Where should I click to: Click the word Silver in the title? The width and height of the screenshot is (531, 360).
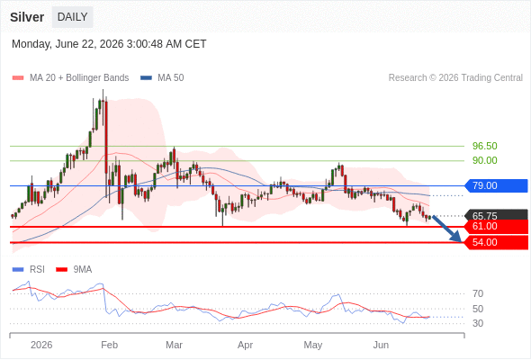(27, 17)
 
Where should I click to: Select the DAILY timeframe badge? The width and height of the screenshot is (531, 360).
(73, 17)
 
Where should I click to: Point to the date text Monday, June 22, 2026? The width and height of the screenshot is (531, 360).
(67, 44)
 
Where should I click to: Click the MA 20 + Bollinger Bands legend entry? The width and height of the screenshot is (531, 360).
(70, 78)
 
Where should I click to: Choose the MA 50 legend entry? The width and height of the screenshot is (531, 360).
(162, 78)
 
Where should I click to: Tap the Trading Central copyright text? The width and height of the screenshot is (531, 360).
(455, 78)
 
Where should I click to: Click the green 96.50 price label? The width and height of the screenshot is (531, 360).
(485, 146)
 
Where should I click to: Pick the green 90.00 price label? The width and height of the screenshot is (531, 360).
(485, 160)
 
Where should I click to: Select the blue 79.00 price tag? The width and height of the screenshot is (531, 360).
(496, 185)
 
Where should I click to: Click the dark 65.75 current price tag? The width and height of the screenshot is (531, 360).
(496, 215)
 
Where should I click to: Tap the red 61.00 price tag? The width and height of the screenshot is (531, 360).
(496, 226)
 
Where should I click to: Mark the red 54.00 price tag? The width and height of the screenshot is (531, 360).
(496, 242)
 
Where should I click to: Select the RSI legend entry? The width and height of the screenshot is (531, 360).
(29, 269)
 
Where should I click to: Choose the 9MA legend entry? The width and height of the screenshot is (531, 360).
(74, 269)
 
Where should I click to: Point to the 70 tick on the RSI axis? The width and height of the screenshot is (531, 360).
(478, 293)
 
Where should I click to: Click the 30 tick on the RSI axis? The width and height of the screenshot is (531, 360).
(478, 323)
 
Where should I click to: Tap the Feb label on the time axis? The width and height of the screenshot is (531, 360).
(110, 345)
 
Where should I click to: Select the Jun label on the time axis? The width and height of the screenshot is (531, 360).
(381, 345)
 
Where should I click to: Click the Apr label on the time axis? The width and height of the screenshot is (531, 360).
(245, 345)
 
